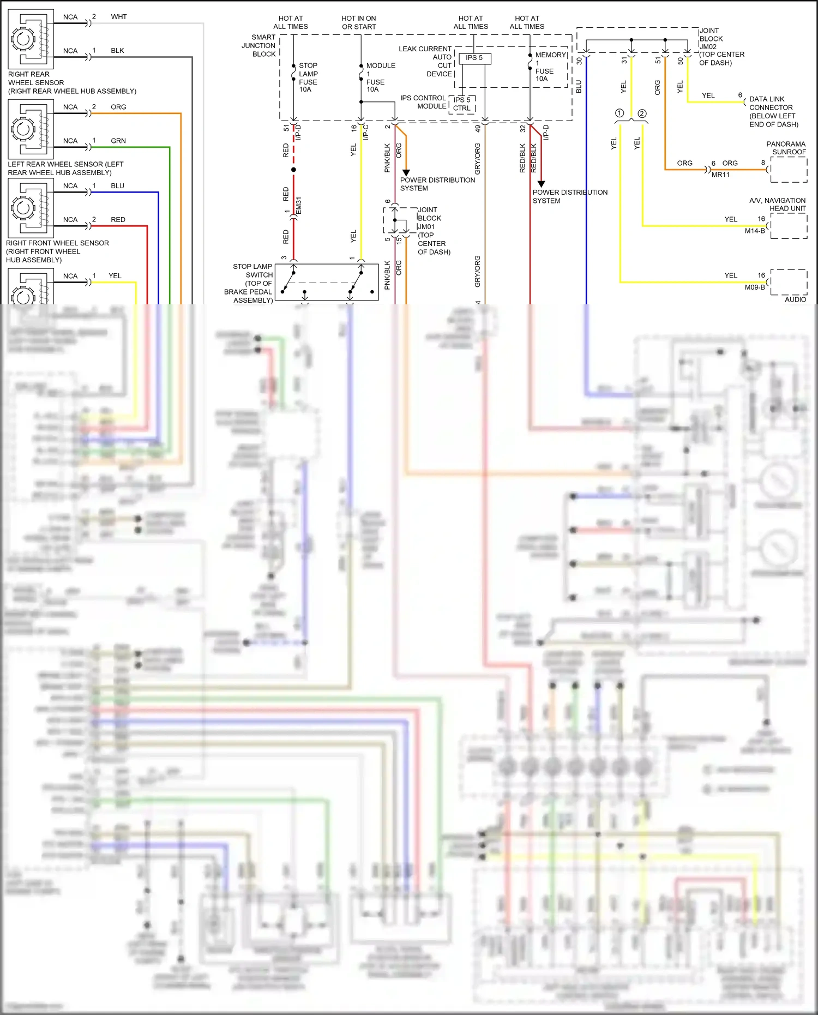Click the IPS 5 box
click(474, 58)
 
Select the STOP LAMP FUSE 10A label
click(308, 77)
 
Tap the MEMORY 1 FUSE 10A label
click(547, 67)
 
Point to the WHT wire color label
click(119, 17)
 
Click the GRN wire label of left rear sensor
click(118, 141)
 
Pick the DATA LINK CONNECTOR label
click(773, 112)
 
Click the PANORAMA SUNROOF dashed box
click(789, 170)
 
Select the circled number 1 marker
click(619, 113)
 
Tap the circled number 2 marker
click(642, 113)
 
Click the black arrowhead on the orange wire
click(406, 173)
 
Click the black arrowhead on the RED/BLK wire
click(541, 184)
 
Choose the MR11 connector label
click(720, 175)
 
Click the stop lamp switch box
click(326, 282)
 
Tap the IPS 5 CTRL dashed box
click(462, 104)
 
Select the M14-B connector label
click(755, 231)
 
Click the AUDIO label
click(795, 299)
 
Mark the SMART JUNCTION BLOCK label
click(259, 46)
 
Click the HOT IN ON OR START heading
click(359, 22)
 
